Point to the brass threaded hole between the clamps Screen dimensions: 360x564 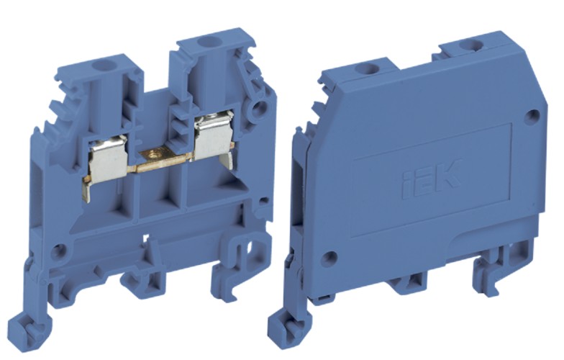[x=153, y=152]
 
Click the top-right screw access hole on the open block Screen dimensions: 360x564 [x=209, y=42]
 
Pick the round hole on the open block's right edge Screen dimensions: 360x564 [x=259, y=109]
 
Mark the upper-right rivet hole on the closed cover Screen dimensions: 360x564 [x=532, y=115]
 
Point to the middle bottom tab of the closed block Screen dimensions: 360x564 [x=408, y=284]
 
